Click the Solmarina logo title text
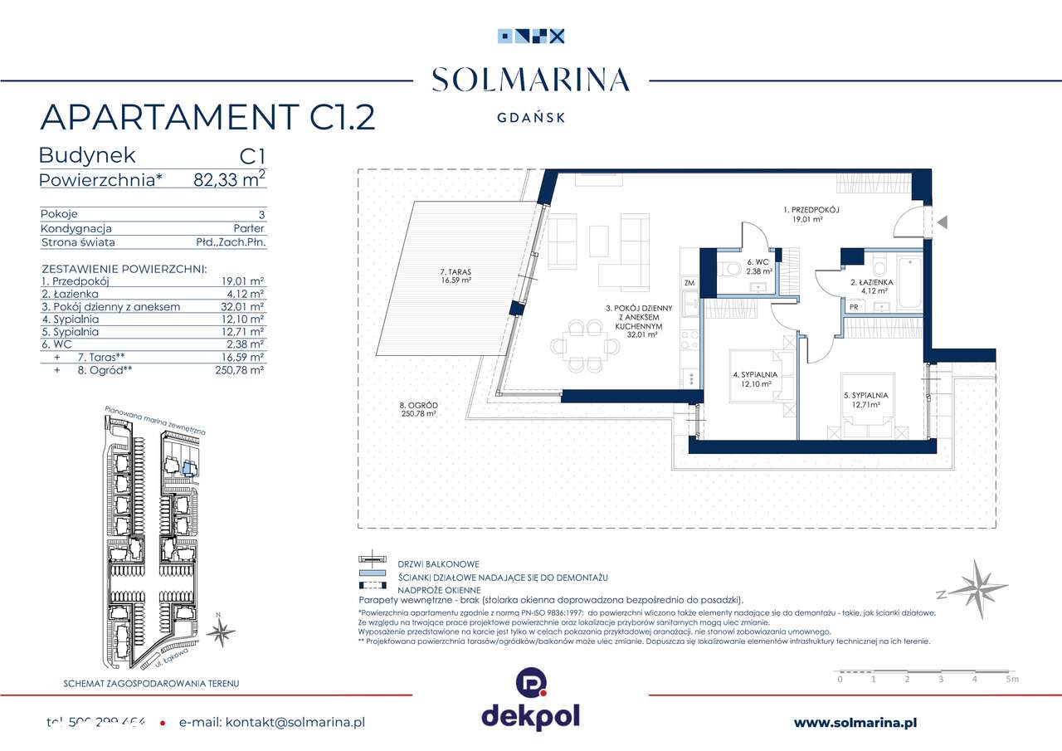click(531, 80)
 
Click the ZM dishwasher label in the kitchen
click(689, 284)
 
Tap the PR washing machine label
click(853, 307)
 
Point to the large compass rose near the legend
click(976, 588)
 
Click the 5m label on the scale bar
click(1011, 680)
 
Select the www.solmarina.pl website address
click(855, 723)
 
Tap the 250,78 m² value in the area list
click(239, 371)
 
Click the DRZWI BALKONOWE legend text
click(438, 564)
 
